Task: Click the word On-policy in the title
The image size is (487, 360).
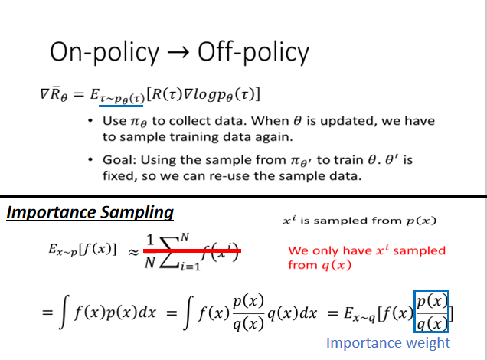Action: coord(105,52)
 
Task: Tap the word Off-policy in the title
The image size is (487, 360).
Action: coord(253,52)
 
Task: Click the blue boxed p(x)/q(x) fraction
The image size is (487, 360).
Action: coord(431,310)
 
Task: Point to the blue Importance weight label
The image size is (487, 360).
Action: coord(388,342)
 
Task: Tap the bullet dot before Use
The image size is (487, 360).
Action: coord(93,122)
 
